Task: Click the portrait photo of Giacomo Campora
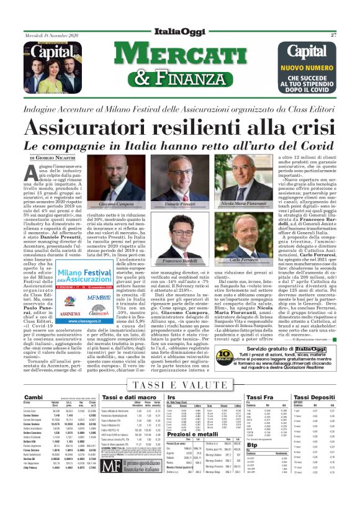116,185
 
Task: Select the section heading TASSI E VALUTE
179,385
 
